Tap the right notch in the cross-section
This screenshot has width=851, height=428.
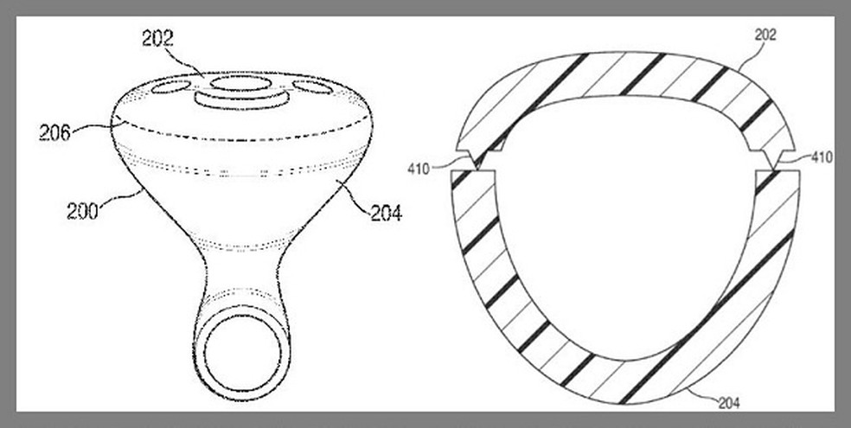coord(771,161)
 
